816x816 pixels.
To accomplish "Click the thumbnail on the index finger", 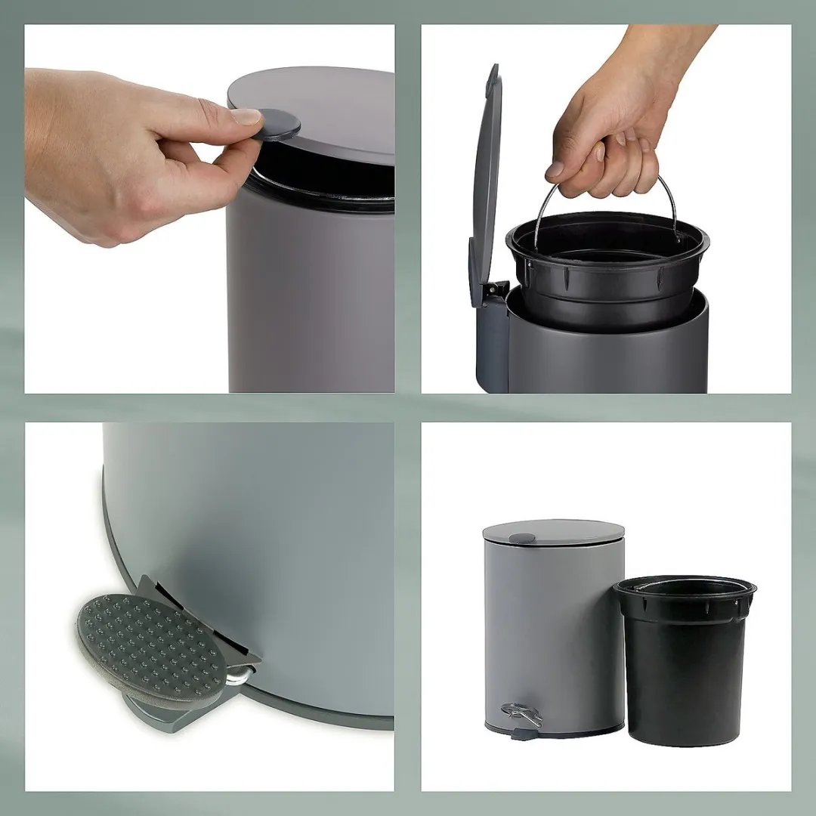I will pyautogui.click(x=246, y=116).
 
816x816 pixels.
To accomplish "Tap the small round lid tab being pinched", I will pyautogui.click(x=278, y=124).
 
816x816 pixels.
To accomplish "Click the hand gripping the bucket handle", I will pyautogui.click(x=604, y=151).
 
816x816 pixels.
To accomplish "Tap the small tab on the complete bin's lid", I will pyautogui.click(x=521, y=538).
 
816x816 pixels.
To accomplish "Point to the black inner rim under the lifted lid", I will pyautogui.click(x=325, y=189).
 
